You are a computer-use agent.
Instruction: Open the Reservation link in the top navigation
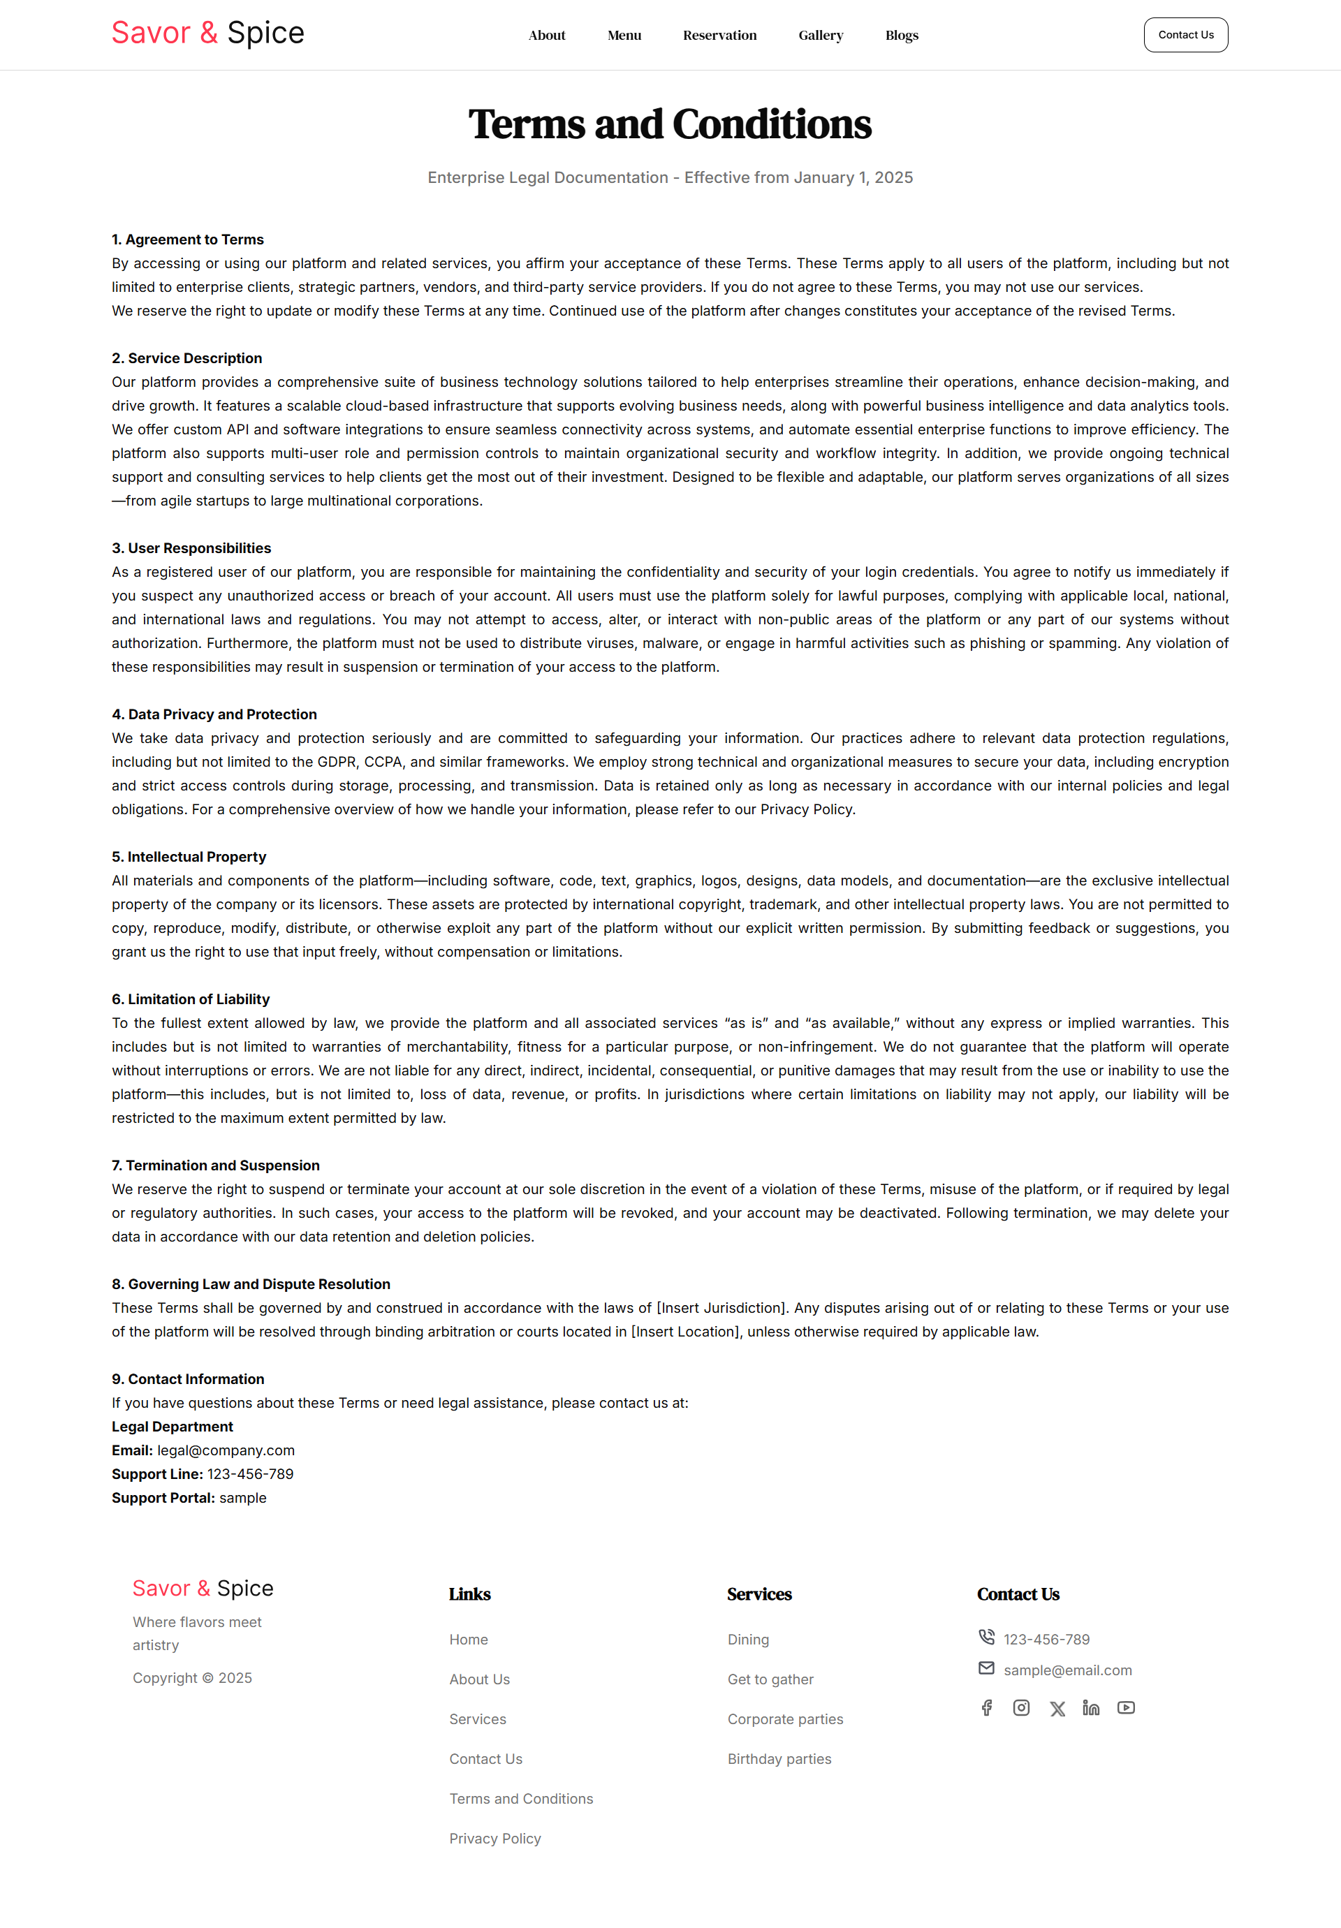click(x=719, y=36)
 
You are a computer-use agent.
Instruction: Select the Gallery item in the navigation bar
click(x=821, y=36)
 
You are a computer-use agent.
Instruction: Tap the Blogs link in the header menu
click(x=901, y=36)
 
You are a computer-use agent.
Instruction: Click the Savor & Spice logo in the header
click(x=207, y=34)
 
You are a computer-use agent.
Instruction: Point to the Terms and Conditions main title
click(x=670, y=124)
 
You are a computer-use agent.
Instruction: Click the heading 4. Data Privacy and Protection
click(x=214, y=714)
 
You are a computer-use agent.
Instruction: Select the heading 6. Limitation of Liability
click(x=191, y=999)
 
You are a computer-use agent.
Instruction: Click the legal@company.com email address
click(x=226, y=1450)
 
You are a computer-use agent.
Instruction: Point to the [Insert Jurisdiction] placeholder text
click(x=721, y=1307)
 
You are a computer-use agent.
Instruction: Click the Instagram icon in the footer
click(x=1021, y=1708)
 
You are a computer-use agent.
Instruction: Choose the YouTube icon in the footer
click(x=1126, y=1708)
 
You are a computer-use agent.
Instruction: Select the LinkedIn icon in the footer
click(x=1091, y=1708)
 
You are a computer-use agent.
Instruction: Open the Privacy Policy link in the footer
click(x=494, y=1838)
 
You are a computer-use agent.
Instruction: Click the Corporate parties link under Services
click(x=785, y=1719)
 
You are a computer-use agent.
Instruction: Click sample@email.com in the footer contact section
click(x=1067, y=1670)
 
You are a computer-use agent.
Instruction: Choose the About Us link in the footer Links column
click(x=479, y=1679)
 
